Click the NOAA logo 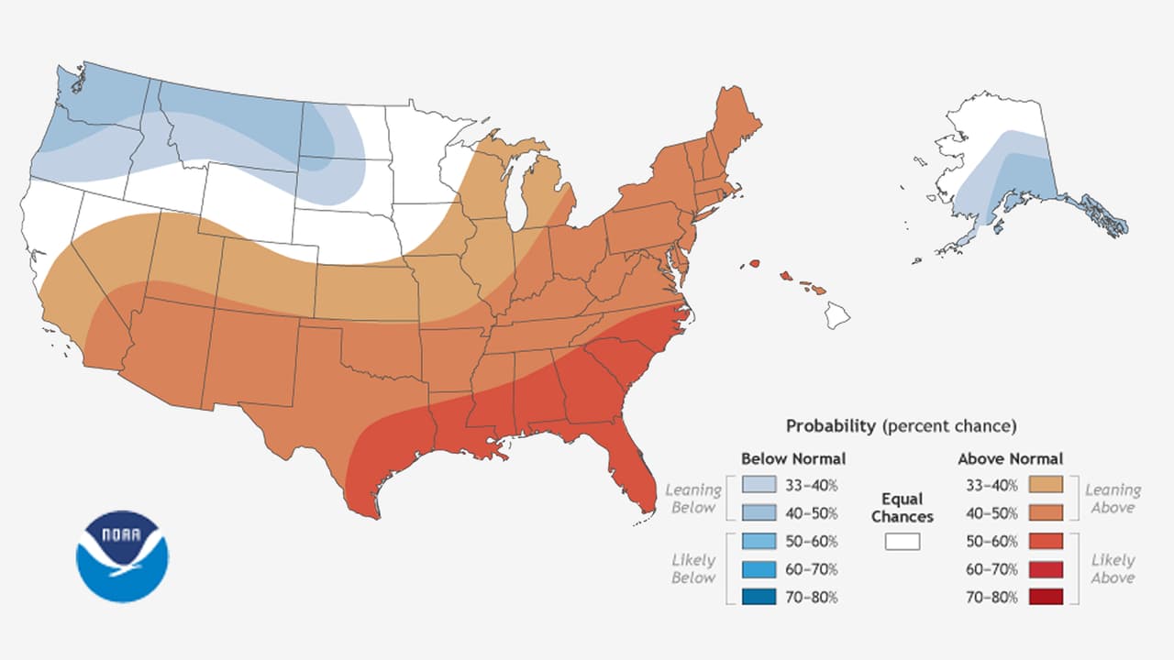(122, 556)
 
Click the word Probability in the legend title (831, 426)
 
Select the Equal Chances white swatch (903, 542)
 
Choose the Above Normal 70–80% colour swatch (1046, 597)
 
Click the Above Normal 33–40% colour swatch (1046, 484)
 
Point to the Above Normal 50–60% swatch (1046, 541)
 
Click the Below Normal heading (793, 458)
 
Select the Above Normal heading (1010, 458)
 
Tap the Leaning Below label (692, 499)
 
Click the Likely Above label (1113, 568)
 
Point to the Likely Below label (692, 568)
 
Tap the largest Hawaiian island (836, 314)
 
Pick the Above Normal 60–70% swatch (1046, 569)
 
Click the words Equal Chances (903, 507)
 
